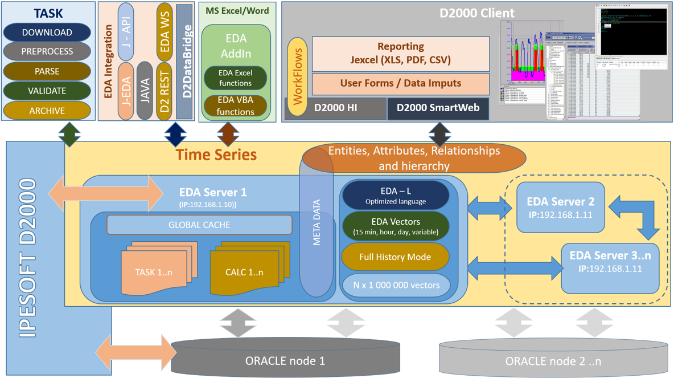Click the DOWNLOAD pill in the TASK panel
point(47,32)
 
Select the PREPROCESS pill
point(47,51)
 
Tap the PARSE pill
point(47,71)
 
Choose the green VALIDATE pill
point(47,91)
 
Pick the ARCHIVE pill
point(47,111)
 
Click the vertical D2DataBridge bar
point(185,62)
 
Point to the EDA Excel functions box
point(235,78)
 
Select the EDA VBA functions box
point(235,106)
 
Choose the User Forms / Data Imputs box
point(401,83)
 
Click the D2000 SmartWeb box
point(438,108)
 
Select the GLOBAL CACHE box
point(199,225)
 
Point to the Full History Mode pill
point(395,257)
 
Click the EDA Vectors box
point(395,226)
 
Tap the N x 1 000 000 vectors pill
point(395,285)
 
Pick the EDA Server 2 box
point(560,208)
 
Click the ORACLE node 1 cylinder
point(285,359)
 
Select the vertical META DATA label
point(317,222)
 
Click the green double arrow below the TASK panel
point(69,135)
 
